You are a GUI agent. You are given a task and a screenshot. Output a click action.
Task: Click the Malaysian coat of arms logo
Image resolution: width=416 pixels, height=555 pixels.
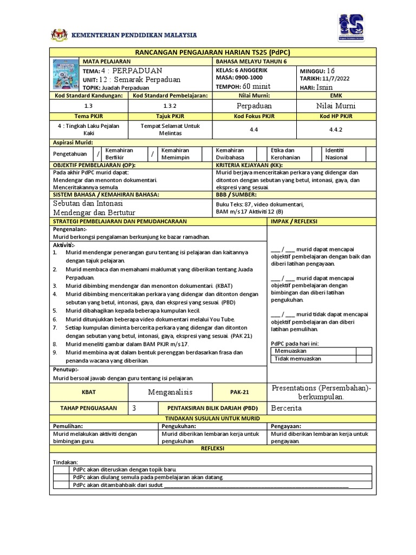[59, 36]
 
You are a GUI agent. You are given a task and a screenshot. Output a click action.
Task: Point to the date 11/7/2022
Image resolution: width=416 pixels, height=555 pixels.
[335, 79]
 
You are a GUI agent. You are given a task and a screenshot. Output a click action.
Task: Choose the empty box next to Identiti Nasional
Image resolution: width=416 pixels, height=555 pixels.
[370, 154]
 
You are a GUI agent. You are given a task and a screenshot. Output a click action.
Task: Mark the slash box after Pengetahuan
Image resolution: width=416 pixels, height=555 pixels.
[97, 154]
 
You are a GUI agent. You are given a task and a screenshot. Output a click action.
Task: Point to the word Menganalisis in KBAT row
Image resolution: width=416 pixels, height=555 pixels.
[171, 392]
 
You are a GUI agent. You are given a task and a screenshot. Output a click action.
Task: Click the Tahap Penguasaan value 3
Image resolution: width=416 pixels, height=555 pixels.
[134, 408]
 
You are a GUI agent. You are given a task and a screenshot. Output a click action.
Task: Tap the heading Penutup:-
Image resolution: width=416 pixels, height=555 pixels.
[66, 369]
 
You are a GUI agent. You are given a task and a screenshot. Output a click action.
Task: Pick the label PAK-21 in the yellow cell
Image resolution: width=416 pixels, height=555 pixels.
[239, 392]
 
